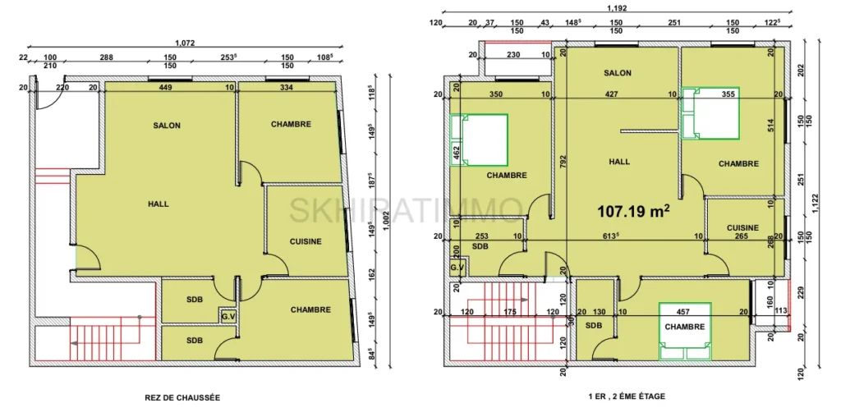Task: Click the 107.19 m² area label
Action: click(635, 211)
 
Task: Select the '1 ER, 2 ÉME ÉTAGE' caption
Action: click(627, 397)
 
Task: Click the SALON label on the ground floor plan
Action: click(167, 126)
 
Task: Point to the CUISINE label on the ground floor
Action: click(305, 241)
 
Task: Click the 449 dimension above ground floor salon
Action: click(164, 87)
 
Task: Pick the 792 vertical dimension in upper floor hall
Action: click(564, 163)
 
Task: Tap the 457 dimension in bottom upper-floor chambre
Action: click(683, 313)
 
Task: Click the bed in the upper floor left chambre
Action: click(479, 140)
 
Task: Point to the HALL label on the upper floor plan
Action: click(619, 162)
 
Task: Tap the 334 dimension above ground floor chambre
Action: click(287, 87)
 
